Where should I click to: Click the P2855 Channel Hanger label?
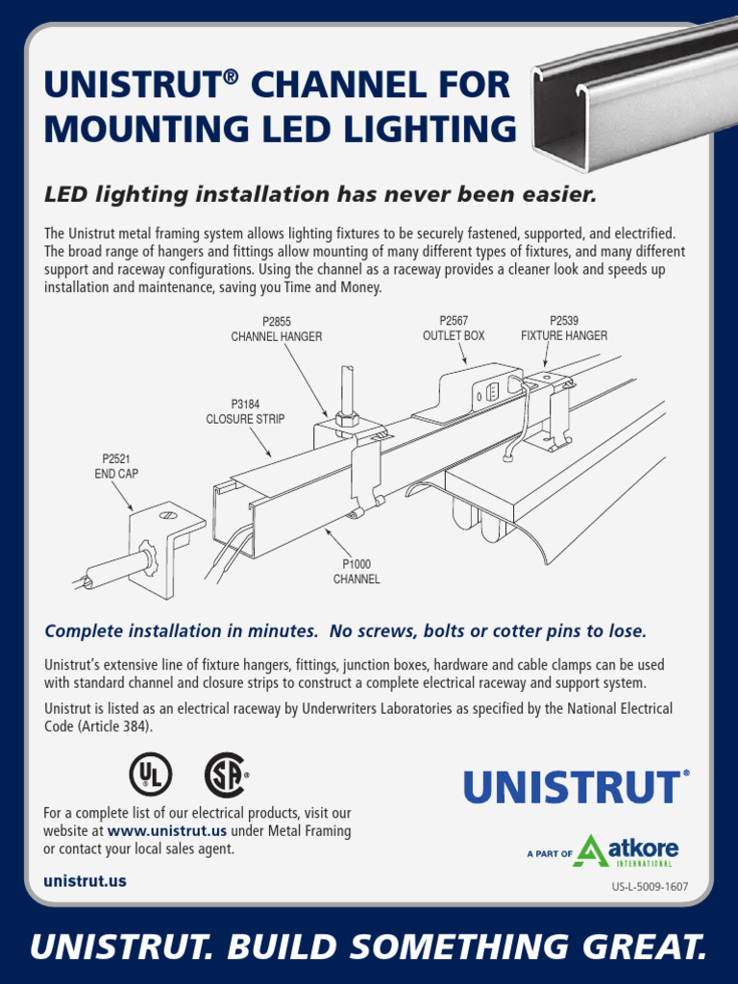[276, 329]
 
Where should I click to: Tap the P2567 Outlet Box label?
[454, 329]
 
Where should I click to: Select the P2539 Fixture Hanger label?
[564, 329]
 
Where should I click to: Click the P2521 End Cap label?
[115, 467]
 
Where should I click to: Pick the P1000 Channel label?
[357, 572]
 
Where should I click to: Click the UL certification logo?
[151, 775]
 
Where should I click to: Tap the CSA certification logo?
[226, 775]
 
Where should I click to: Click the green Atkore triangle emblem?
[589, 849]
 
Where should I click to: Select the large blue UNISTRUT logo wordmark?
[574, 787]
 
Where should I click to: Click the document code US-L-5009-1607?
[650, 886]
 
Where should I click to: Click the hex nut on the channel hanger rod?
[347, 418]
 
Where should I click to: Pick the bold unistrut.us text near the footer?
[85, 881]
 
